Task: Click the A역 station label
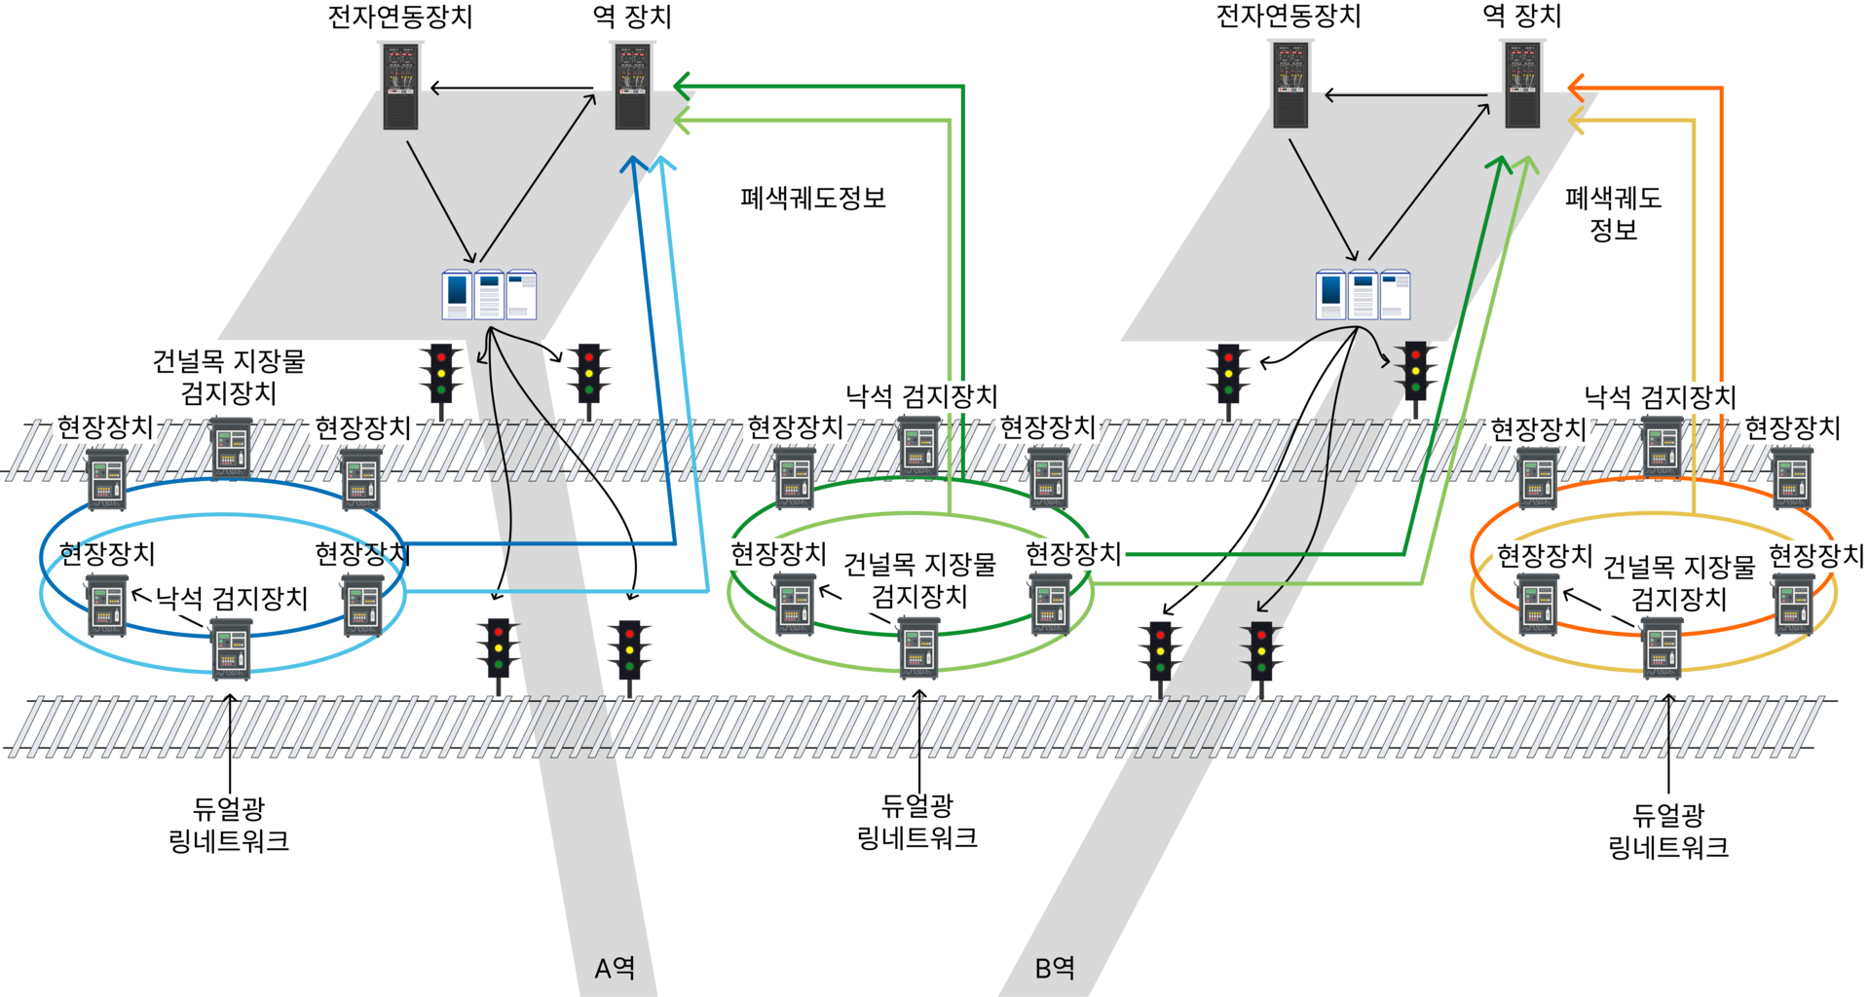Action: (615, 968)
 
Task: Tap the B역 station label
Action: (1055, 968)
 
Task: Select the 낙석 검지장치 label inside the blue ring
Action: (232, 598)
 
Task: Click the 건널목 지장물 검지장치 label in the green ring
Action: (919, 580)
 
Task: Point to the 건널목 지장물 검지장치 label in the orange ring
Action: (1679, 582)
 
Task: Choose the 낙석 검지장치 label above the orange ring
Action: (1661, 397)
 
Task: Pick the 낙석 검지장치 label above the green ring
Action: (921, 396)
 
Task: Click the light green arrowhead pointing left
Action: (682, 122)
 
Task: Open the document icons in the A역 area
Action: (489, 294)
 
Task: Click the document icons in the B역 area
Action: (1363, 294)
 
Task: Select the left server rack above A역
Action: (400, 86)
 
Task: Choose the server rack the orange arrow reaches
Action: (1522, 85)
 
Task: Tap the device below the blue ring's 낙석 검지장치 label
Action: (232, 649)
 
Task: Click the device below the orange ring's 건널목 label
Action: (1663, 648)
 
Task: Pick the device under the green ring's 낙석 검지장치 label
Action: (917, 445)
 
